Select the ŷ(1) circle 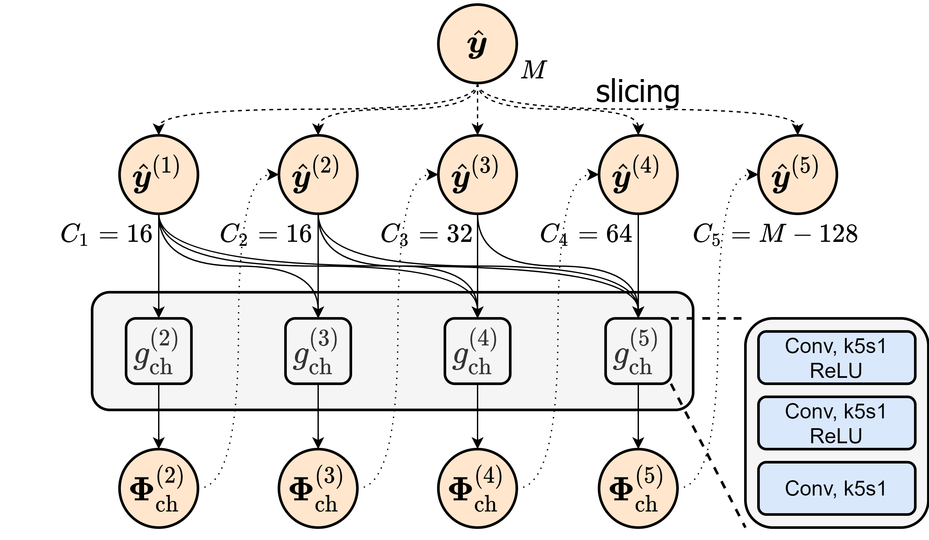[158, 175]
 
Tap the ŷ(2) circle [318, 175]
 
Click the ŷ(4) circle [638, 175]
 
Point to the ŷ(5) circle [797, 175]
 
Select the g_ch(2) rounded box [158, 351]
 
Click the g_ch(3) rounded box [318, 351]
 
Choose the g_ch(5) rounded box [638, 351]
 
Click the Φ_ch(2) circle [158, 488]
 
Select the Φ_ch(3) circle [318, 488]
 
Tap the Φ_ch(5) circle [638, 488]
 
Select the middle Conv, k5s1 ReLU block [837, 423]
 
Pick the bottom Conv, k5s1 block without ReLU [837, 488]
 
